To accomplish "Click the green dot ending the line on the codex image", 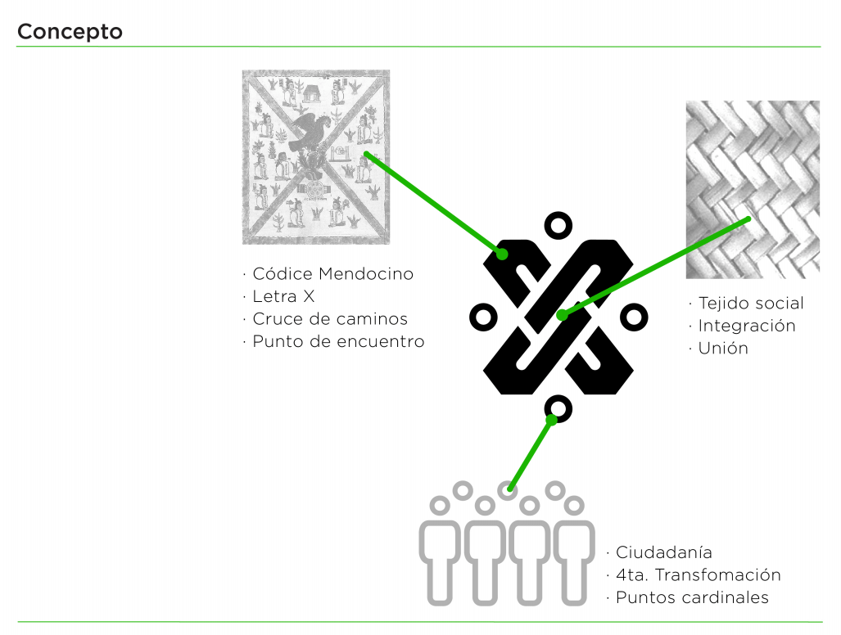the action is (x=367, y=155).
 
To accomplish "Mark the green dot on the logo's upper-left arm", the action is (x=502, y=254).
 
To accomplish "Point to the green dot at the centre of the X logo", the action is (x=562, y=315).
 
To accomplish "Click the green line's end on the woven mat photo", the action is (x=748, y=219).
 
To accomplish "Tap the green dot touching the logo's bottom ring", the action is (x=551, y=420).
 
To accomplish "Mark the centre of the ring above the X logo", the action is (x=558, y=226).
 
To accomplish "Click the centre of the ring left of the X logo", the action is (x=483, y=317).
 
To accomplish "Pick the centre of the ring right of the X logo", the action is (x=634, y=317).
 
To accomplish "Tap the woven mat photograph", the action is (x=753, y=189).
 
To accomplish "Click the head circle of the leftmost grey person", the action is (x=440, y=506).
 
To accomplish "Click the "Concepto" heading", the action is (x=70, y=32).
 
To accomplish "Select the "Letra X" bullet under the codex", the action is (x=278, y=296).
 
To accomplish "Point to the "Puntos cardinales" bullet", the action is (x=688, y=597).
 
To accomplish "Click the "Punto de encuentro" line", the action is (x=333, y=341).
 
